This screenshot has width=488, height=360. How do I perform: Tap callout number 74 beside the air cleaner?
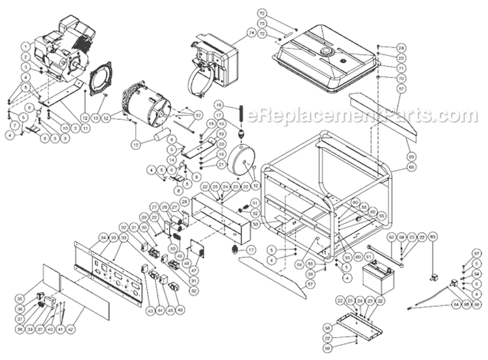[233, 32]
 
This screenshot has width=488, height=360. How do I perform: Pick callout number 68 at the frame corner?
[411, 167]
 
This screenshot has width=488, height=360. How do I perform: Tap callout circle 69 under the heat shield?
[411, 156]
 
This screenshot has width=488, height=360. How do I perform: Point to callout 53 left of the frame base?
[254, 223]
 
